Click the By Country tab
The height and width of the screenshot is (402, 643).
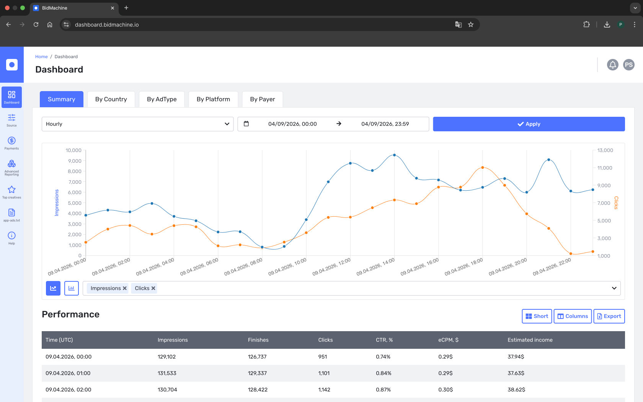[x=111, y=99]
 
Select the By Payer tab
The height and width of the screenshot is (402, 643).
[x=263, y=99]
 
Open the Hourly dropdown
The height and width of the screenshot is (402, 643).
[x=137, y=124]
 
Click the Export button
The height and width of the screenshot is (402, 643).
[x=609, y=316]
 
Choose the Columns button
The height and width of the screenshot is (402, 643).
[x=573, y=316]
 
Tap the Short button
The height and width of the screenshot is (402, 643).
[x=537, y=316]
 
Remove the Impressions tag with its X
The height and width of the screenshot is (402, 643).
[x=125, y=288]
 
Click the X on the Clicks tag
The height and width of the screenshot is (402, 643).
[x=153, y=288]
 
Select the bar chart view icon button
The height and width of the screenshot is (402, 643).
[x=72, y=288]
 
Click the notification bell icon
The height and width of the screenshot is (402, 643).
[x=612, y=65]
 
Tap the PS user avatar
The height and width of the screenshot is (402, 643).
[x=628, y=65]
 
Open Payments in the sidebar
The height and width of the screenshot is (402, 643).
[x=11, y=143]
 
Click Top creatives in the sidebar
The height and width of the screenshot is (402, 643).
[x=11, y=192]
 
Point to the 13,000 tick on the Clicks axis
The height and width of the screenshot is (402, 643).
[x=605, y=150]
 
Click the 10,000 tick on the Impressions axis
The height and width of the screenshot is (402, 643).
[x=73, y=150]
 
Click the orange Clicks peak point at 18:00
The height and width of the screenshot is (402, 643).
[x=483, y=167]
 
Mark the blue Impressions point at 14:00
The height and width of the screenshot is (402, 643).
[x=394, y=155]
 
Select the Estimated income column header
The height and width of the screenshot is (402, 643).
[x=530, y=340]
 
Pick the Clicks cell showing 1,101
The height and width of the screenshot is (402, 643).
[x=324, y=373]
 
